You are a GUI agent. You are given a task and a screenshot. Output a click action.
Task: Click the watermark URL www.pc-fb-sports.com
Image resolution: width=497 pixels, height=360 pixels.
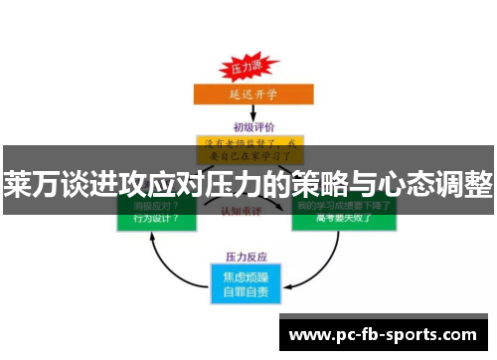click(382, 335)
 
